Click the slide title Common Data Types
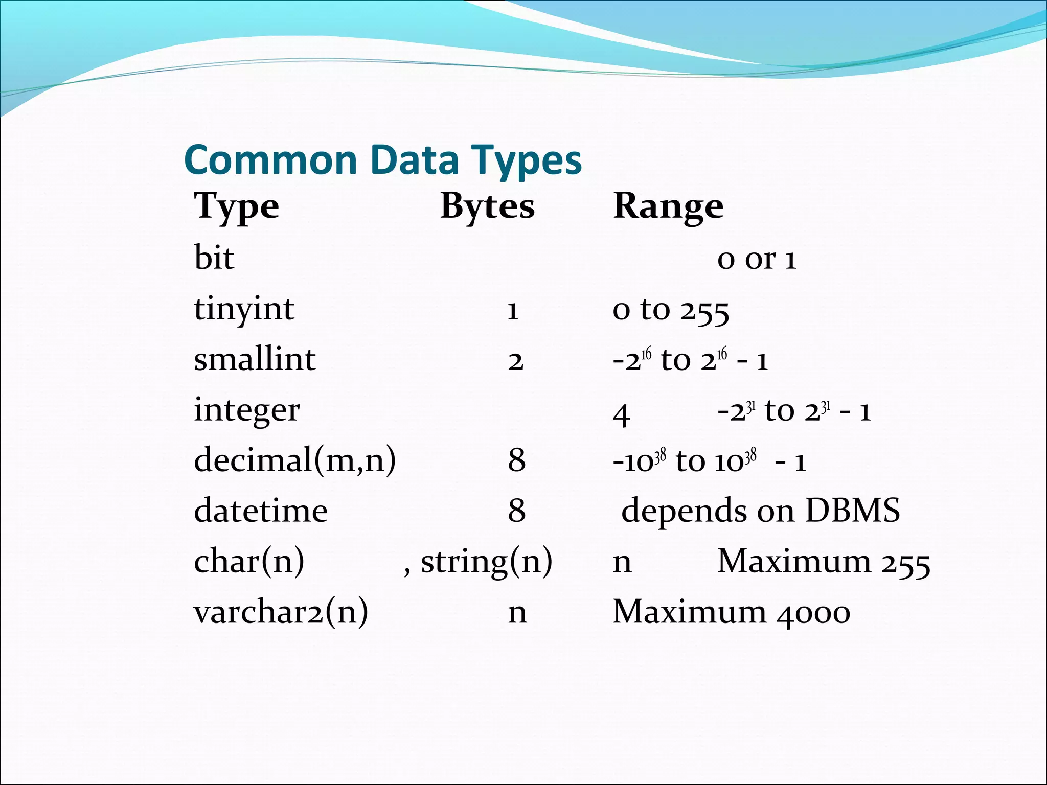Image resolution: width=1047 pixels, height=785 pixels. [x=382, y=160]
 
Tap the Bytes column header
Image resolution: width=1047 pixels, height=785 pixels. [x=487, y=206]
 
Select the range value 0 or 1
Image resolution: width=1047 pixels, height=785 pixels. [x=757, y=259]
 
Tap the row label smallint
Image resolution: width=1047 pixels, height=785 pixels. [x=255, y=359]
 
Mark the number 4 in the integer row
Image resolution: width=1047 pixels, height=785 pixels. [x=621, y=414]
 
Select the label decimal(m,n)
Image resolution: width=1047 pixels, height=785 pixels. [x=295, y=460]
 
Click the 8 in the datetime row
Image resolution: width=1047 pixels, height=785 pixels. [x=516, y=511]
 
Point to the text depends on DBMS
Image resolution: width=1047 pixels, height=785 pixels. [x=760, y=511]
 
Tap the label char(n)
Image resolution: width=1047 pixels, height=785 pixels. [x=249, y=561]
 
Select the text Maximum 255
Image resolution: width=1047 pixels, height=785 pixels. [x=823, y=562]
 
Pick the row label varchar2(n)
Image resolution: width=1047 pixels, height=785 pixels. [x=281, y=612]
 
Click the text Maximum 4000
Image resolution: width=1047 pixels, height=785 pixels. [x=731, y=612]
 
